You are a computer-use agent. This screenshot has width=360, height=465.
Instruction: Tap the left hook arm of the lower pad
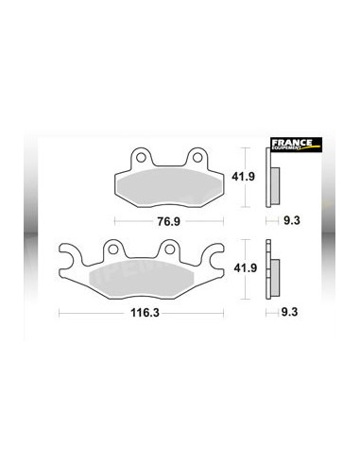click(68, 255)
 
